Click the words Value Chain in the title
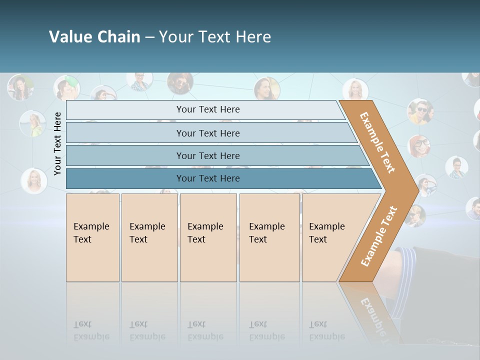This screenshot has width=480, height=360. click(x=94, y=37)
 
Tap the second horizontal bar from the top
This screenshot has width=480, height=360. click(x=207, y=133)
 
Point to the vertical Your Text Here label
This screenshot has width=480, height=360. click(x=57, y=143)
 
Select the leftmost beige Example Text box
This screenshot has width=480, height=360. click(x=92, y=237)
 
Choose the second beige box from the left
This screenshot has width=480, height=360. click(x=149, y=237)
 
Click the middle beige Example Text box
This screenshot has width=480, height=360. click(x=208, y=237)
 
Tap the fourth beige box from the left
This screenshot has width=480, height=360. click(x=269, y=237)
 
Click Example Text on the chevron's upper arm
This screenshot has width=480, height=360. click(x=377, y=142)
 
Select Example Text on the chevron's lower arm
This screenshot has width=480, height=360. click(x=379, y=236)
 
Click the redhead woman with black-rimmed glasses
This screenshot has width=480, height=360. click(x=419, y=145)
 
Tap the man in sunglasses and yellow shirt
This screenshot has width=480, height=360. click(x=420, y=110)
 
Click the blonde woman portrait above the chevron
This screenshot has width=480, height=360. click(x=355, y=89)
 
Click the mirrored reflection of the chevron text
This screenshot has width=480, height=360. click(x=373, y=315)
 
